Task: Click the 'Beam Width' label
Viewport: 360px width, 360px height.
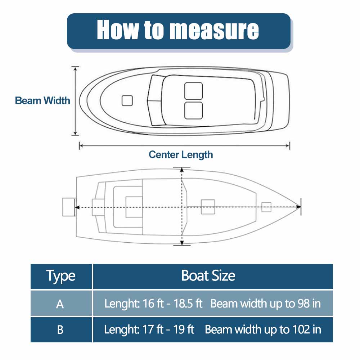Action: (x=42, y=100)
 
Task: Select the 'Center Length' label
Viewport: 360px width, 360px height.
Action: (x=181, y=155)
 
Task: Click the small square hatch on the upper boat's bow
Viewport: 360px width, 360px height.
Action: (x=127, y=101)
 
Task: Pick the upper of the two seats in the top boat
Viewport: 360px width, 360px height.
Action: (x=193, y=91)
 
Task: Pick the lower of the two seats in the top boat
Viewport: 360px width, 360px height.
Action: (x=193, y=111)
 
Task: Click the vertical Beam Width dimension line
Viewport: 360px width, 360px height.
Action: (x=75, y=101)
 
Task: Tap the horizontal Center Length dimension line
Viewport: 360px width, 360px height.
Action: (x=184, y=145)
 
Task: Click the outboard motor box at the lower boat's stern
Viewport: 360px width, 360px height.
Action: (x=68, y=207)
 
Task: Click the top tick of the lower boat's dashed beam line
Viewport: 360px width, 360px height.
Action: (x=181, y=168)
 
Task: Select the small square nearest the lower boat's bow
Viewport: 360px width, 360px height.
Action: (x=266, y=207)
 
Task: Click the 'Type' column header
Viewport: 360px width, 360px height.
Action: (x=61, y=276)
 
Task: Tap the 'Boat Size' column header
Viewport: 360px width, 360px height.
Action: (x=208, y=276)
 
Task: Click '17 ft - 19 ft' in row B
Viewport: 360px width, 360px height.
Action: (x=166, y=329)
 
